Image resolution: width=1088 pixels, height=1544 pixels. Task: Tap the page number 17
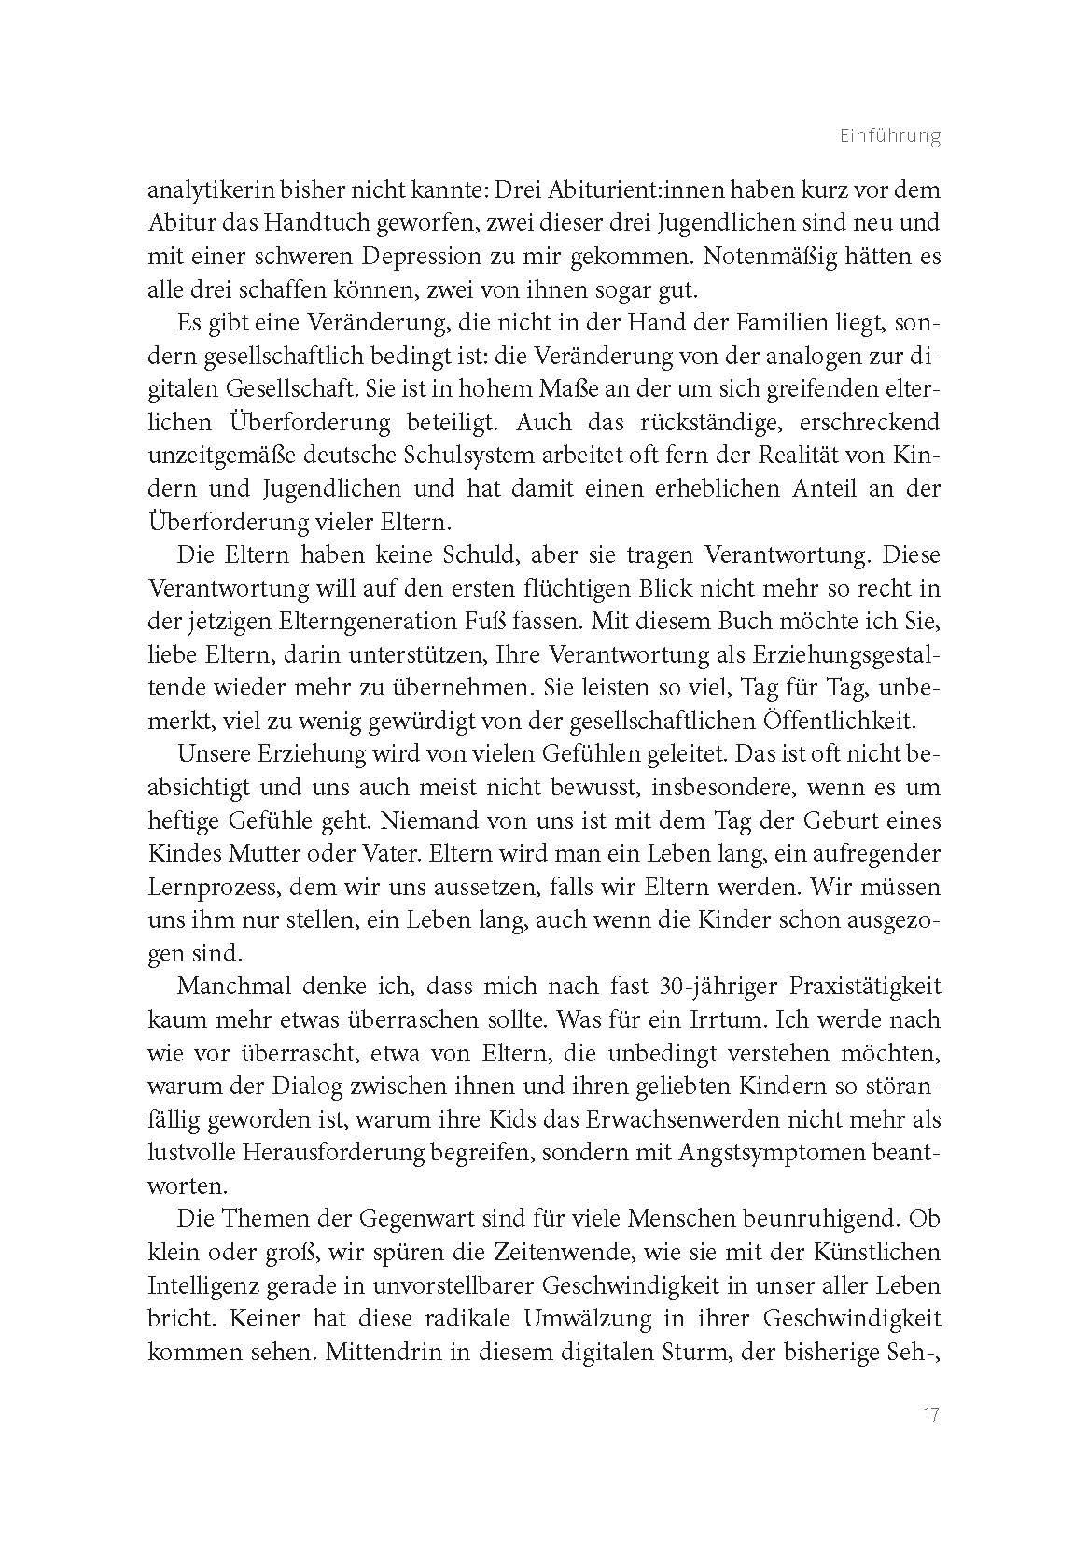point(930,1413)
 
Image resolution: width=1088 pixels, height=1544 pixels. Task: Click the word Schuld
point(474,555)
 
